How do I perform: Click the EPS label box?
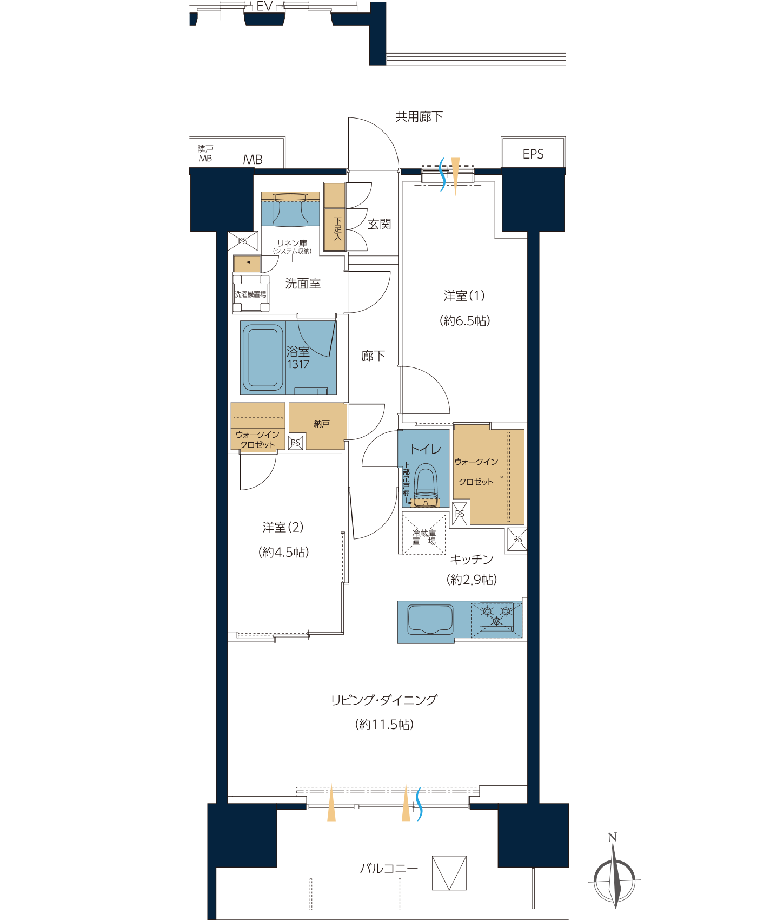tap(533, 154)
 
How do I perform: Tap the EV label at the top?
tap(264, 6)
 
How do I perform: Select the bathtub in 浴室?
tap(263, 357)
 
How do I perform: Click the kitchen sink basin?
tap(430, 620)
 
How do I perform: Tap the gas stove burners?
tap(496, 618)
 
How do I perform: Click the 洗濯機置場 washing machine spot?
tap(251, 294)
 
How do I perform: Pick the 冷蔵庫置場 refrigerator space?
tap(424, 533)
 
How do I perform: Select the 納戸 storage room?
tap(317, 426)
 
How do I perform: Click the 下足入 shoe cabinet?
tap(335, 216)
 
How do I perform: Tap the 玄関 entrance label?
tap(379, 224)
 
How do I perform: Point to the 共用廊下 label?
tap(419, 116)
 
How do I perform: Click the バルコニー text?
tap(389, 869)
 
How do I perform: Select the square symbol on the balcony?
tap(449, 873)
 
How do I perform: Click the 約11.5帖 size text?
tap(384, 724)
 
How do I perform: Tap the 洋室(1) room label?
tap(464, 295)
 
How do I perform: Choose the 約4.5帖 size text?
tap(284, 552)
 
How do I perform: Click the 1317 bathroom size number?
tap(298, 364)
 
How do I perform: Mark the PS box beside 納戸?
tap(296, 443)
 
